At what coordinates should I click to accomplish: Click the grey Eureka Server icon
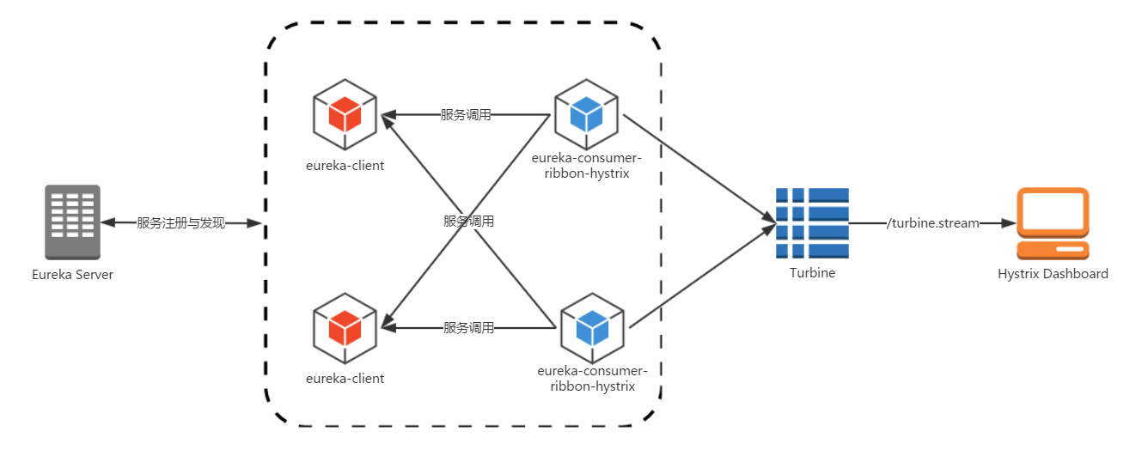click(x=73, y=222)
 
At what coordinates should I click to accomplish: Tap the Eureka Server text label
click(x=72, y=275)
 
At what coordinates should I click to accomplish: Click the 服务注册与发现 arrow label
click(x=180, y=223)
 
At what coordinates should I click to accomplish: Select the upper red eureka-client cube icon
click(x=345, y=112)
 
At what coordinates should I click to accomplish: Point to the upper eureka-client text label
click(x=345, y=165)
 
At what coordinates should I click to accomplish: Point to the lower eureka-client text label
click(x=345, y=378)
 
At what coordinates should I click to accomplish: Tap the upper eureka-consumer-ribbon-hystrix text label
click(x=587, y=166)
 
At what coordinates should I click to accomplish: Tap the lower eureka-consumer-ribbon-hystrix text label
click(x=592, y=379)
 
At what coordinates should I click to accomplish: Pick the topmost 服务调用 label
click(x=466, y=114)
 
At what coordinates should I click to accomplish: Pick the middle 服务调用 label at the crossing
click(x=468, y=221)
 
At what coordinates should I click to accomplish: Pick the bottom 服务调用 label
click(x=468, y=327)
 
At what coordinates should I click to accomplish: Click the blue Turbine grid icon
click(x=812, y=223)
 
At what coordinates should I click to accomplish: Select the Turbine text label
click(x=812, y=273)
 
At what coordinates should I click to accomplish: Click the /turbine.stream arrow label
click(x=933, y=223)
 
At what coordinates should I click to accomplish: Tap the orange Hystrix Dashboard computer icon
click(x=1053, y=223)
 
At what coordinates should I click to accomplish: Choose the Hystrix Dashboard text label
click(x=1053, y=274)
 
